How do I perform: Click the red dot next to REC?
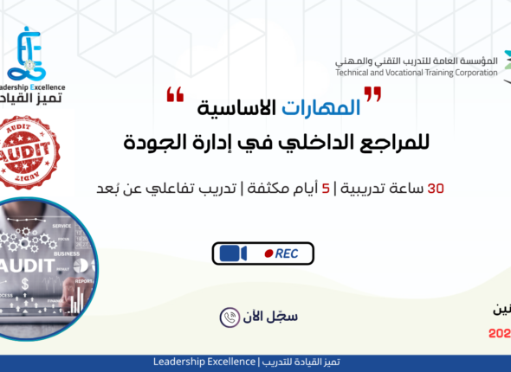pyautogui.click(x=270, y=253)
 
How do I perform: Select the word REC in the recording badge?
pyautogui.click(x=288, y=253)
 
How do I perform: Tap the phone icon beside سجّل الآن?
pyautogui.click(x=230, y=317)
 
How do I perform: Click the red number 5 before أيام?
pyautogui.click(x=325, y=187)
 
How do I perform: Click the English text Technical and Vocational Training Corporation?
pyautogui.click(x=417, y=73)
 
